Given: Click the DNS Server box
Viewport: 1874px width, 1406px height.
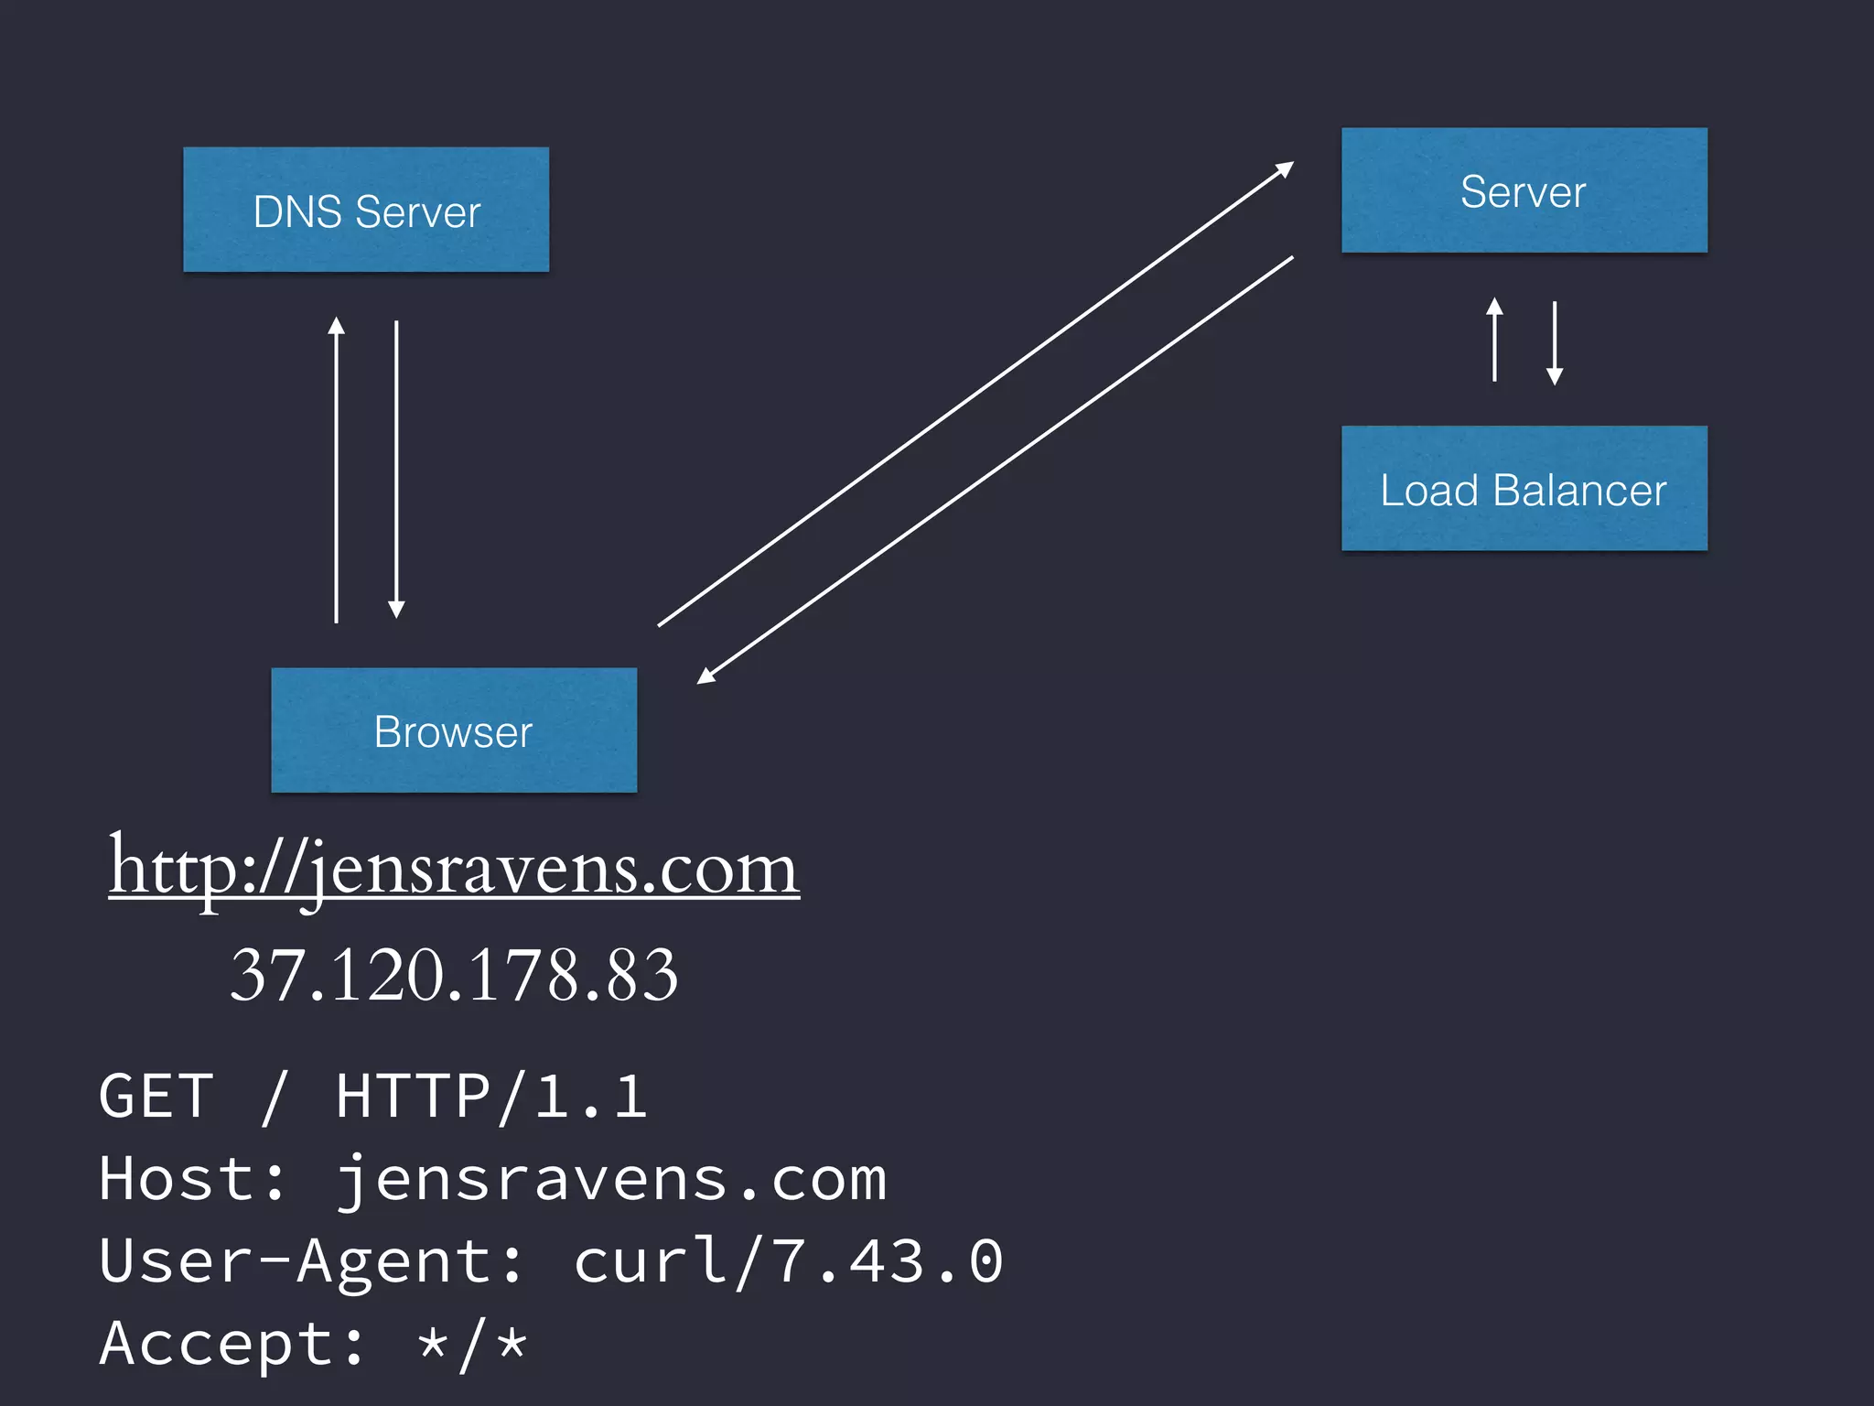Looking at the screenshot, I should (x=366, y=210).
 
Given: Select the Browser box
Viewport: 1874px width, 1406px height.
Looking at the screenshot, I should (x=454, y=730).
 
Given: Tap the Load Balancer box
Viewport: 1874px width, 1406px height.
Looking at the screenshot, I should (x=1524, y=489).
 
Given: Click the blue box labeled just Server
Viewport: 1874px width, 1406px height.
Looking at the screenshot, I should (x=1524, y=190).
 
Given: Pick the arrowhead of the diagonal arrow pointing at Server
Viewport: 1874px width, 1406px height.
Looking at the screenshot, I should (x=1285, y=168).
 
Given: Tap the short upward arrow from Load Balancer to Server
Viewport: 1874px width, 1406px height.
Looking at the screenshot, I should (x=1494, y=339).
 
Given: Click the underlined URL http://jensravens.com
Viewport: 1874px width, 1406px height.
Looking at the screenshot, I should (x=454, y=868).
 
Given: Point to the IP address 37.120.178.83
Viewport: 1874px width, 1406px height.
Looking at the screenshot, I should (x=454, y=975).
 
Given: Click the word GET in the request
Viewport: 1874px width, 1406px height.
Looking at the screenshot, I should (x=156, y=1097).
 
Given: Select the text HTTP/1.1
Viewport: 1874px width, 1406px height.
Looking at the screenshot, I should (x=491, y=1097).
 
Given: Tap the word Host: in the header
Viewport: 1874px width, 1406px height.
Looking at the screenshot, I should (x=192, y=1179).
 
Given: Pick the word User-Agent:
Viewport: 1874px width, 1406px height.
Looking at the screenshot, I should (x=311, y=1261).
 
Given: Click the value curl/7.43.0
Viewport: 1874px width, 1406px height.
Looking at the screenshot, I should (x=789, y=1261).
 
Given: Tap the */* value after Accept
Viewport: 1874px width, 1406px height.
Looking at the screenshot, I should (x=472, y=1344).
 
